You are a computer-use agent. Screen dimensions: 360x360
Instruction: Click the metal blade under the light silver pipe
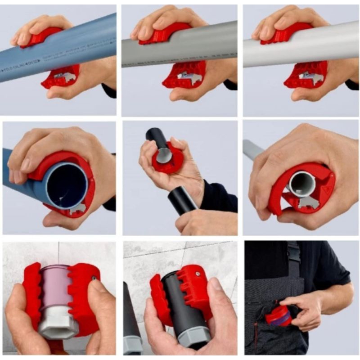pyautogui.click(x=306, y=76)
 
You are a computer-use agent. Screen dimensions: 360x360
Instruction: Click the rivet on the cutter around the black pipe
pyautogui.click(x=196, y=273)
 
